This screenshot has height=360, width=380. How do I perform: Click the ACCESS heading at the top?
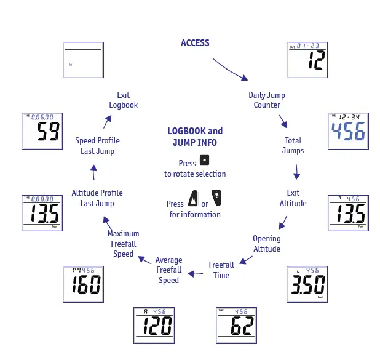[195, 43]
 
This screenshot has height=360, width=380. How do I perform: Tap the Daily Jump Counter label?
[267, 100]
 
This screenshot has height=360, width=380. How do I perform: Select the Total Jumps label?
[293, 145]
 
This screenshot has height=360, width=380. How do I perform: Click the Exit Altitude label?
[293, 198]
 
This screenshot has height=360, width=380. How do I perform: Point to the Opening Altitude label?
[267, 244]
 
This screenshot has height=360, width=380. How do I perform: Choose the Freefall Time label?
[221, 270]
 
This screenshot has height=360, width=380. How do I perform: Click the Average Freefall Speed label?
[168, 270]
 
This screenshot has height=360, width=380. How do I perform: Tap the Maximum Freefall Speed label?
[124, 244]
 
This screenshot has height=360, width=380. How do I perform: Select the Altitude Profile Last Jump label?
[97, 198]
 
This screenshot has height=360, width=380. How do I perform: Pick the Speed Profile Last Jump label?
[97, 146]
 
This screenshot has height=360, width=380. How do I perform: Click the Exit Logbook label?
[124, 100]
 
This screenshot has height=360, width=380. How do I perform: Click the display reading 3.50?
[306, 284]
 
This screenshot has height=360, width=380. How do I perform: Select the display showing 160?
[83, 284]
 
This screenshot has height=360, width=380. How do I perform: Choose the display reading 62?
[236, 325]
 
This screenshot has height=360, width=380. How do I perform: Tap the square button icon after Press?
[204, 161]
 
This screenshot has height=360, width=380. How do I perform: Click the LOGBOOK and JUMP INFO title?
[195, 137]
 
